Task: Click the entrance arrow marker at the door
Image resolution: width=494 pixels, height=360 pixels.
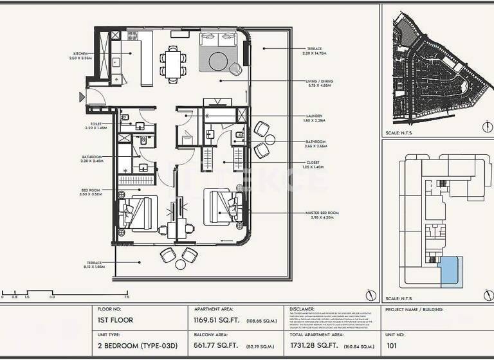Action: [x=82, y=97]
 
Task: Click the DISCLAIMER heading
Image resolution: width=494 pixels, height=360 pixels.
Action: [x=302, y=309]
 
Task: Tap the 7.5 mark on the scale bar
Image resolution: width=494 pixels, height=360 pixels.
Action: [x=127, y=298]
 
